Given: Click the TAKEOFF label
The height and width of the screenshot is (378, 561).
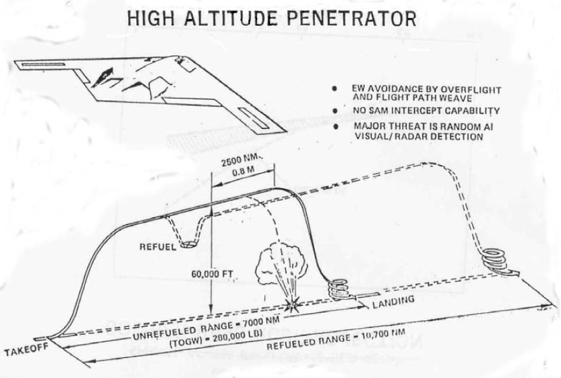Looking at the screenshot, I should pos(23,353).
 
